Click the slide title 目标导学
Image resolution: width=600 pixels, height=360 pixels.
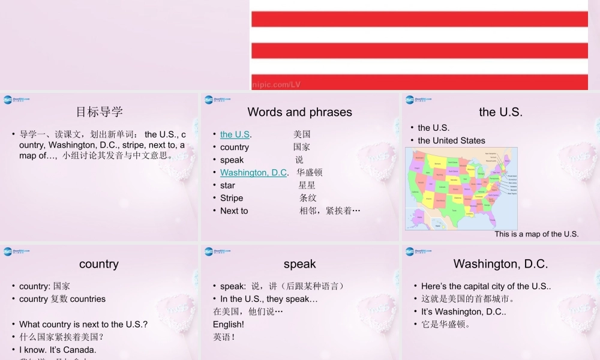[x=99, y=112]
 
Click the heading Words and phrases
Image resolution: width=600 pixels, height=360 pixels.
[x=299, y=112]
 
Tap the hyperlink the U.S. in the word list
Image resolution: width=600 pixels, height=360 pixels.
[x=235, y=134]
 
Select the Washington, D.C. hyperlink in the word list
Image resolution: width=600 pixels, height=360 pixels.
[x=253, y=173]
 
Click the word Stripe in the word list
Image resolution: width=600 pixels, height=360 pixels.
[x=232, y=198]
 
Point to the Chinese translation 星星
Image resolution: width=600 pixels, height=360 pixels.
[x=307, y=185]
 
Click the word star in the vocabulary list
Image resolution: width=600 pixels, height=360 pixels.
[x=227, y=185]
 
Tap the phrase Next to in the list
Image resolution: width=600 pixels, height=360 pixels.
[x=234, y=211]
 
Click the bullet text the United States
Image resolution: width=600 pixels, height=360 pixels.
[x=451, y=140]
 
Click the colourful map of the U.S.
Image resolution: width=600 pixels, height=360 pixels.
[x=461, y=188]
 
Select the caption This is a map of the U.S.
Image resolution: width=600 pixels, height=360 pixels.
[x=536, y=234]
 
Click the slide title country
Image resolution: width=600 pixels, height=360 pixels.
[x=99, y=264]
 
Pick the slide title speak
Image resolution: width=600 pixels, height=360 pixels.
[x=299, y=264]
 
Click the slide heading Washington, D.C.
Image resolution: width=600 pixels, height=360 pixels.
[x=500, y=264]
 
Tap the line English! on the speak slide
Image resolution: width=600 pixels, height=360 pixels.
[x=229, y=324]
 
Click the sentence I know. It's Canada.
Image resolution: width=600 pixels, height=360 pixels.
[x=58, y=349]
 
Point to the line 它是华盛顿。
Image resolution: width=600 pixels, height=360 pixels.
[x=446, y=325]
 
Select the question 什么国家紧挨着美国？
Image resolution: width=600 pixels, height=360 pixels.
[x=62, y=337]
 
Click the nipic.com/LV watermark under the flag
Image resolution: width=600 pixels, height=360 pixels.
[x=276, y=85]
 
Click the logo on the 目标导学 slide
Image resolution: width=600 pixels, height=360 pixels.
[x=16, y=100]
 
